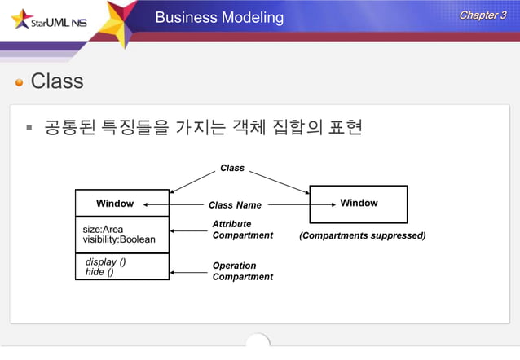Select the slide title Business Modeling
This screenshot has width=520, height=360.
(x=219, y=17)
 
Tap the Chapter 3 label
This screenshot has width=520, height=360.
(x=483, y=15)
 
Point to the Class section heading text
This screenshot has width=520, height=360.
(x=57, y=81)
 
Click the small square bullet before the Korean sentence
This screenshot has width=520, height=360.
(x=29, y=128)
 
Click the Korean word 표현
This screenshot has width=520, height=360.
(x=344, y=128)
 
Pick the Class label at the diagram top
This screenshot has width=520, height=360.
(x=232, y=168)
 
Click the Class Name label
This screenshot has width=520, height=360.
(x=235, y=205)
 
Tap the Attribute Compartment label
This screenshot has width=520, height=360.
(x=242, y=230)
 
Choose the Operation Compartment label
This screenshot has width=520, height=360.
(x=242, y=271)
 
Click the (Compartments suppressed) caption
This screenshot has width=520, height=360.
(x=362, y=235)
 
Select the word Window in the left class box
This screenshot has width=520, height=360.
(x=115, y=203)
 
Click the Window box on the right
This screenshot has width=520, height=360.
(x=359, y=204)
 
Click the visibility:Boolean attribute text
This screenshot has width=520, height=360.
(x=119, y=239)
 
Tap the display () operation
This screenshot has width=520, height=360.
(x=105, y=262)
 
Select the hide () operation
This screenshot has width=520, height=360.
(x=99, y=272)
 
